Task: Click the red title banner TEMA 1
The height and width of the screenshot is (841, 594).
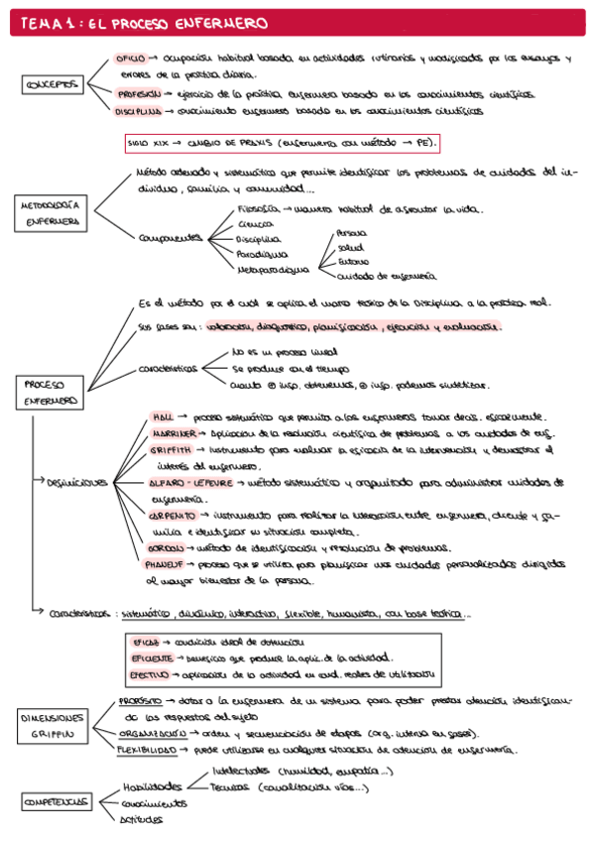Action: click(x=297, y=22)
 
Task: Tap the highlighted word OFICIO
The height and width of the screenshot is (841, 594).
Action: click(x=131, y=59)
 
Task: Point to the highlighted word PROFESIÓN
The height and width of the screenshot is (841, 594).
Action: click(x=139, y=93)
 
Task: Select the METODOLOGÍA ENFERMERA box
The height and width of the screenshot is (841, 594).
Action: click(x=52, y=213)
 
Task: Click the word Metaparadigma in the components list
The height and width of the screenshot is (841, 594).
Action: click(x=272, y=268)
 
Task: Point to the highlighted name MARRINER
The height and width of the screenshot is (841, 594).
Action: click(x=174, y=434)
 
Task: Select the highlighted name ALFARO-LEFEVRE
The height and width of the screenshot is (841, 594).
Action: click(x=189, y=482)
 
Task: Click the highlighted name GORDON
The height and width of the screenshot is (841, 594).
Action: click(x=166, y=547)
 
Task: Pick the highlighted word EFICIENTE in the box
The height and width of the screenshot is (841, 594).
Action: click(x=152, y=657)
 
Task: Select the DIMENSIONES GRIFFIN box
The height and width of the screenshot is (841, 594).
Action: click(x=52, y=726)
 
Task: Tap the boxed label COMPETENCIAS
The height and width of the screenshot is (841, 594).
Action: click(x=56, y=801)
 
